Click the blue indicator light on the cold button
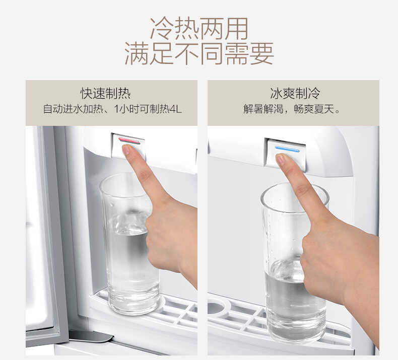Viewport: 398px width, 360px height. point(287,149)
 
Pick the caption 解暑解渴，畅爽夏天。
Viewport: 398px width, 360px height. point(292,109)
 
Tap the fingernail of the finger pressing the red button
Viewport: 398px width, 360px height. point(126,150)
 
